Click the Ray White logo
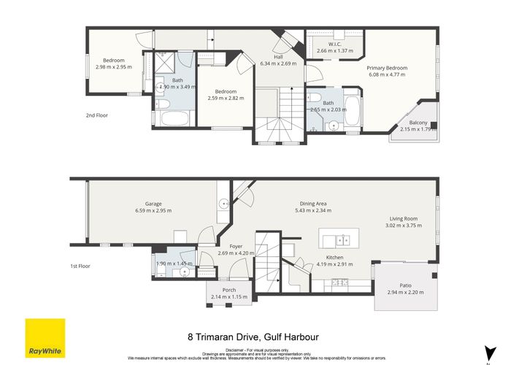pyautogui.click(x=45, y=339)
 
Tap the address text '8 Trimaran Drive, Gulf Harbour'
pyautogui.click(x=255, y=338)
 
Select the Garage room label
pyautogui.click(x=153, y=204)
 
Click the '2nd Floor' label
pyautogui.click(x=98, y=115)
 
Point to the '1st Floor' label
pyautogui.click(x=79, y=266)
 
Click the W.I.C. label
pyautogui.click(x=335, y=45)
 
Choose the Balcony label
pyautogui.click(x=418, y=123)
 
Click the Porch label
pyautogui.click(x=229, y=290)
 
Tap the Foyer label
pyautogui.click(x=236, y=247)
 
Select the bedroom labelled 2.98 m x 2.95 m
pyautogui.click(x=114, y=61)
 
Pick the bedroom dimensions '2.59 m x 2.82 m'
pyautogui.click(x=226, y=98)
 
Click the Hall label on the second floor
pyautogui.click(x=278, y=57)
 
